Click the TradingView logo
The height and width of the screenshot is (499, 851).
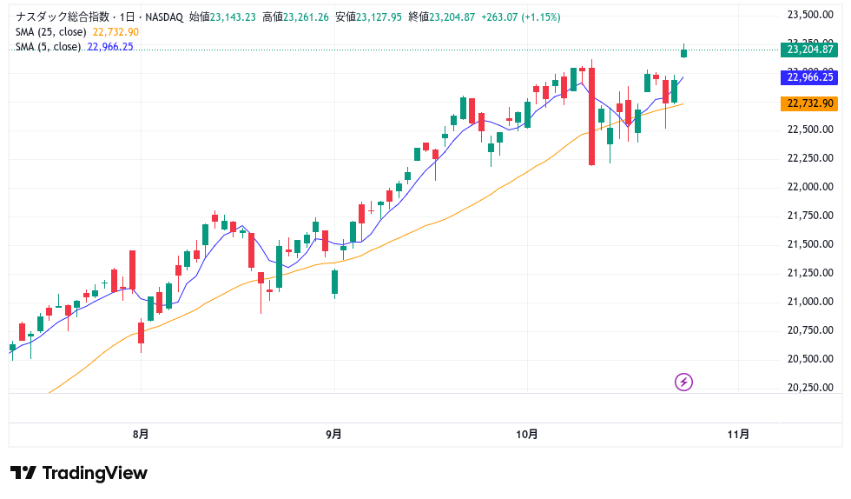coord(79,473)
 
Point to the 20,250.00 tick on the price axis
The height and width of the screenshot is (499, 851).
coord(809,388)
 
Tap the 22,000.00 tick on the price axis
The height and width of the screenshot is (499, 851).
coord(809,187)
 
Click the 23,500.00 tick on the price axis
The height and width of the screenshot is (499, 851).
coord(809,15)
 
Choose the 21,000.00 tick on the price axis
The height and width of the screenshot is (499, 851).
coord(809,302)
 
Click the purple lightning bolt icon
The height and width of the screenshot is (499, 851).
coord(684,382)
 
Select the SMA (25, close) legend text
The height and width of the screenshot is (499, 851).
coord(50,32)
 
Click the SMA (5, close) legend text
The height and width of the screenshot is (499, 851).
coord(48,47)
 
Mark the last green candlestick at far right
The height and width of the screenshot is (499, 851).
coord(684,53)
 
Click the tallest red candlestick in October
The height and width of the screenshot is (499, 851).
coord(591,116)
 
